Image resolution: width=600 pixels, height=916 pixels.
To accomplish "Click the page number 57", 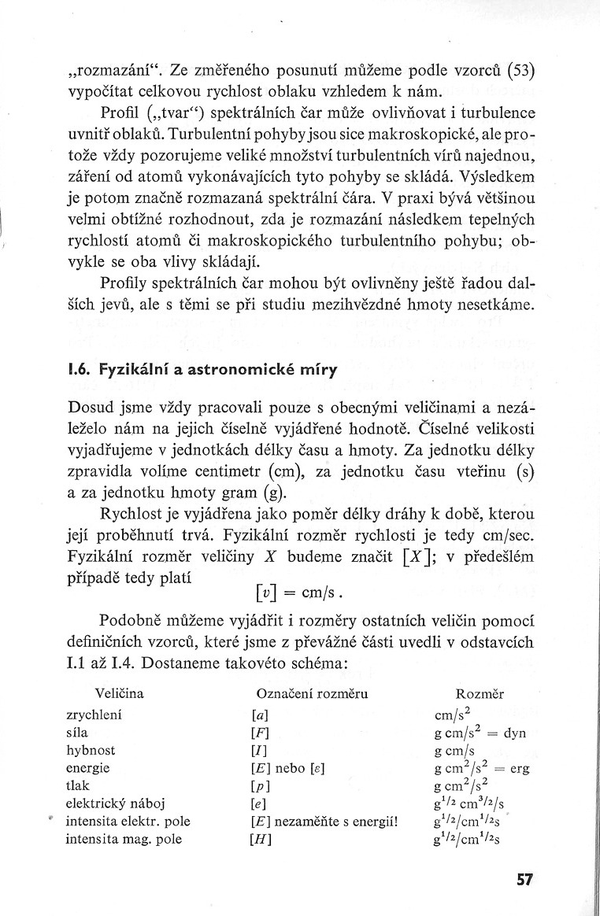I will point(525,879).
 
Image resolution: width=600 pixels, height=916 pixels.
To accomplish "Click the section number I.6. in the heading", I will point(79,371).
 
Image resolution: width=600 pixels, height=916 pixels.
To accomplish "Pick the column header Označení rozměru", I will point(313,694).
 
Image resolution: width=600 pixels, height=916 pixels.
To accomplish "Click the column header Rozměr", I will point(480,694).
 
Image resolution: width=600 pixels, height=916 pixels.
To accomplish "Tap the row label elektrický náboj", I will point(113,803).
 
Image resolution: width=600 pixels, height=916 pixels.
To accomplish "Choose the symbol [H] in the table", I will point(260,839).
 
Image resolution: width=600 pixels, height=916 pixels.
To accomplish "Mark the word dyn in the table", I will point(514,733).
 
